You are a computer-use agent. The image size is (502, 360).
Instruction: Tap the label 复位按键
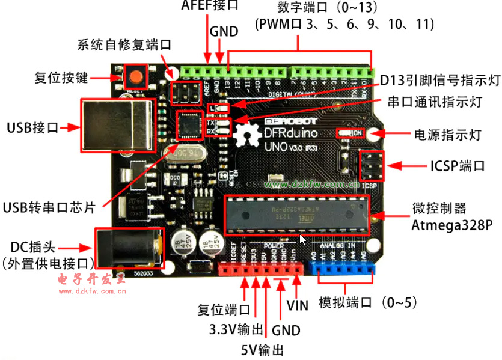click(x=61, y=78)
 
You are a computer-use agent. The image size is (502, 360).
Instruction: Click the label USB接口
click(x=32, y=127)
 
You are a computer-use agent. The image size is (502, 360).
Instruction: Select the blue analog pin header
click(x=342, y=270)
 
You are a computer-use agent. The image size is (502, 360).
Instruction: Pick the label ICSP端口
click(x=457, y=166)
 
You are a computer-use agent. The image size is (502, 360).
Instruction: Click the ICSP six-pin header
click(x=373, y=165)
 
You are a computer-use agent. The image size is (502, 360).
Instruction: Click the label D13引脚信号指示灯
click(x=440, y=81)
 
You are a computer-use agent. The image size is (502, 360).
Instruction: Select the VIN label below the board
click(x=298, y=305)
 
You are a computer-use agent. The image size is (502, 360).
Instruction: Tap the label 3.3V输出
click(x=236, y=329)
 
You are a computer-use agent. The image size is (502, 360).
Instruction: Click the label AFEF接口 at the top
click(x=210, y=6)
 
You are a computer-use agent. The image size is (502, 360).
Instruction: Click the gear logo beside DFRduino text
click(x=248, y=133)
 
